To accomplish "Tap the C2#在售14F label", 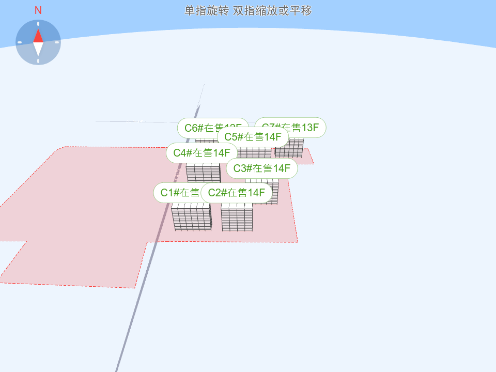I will pos(237,193).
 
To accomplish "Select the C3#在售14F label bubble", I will pos(262,168).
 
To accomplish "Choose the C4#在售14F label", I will pos(202,152).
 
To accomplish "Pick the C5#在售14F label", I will pos(253,137).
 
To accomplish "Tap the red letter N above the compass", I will pos(38,10).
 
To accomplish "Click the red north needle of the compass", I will pos(38,36).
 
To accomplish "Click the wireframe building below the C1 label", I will pos(192,217).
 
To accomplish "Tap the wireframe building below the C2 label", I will pos(237,218).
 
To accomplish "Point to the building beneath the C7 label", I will pos(289,148).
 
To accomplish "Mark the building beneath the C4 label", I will pos(203,173).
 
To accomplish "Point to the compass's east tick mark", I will pos(57,42).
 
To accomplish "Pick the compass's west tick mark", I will pos(20,42).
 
